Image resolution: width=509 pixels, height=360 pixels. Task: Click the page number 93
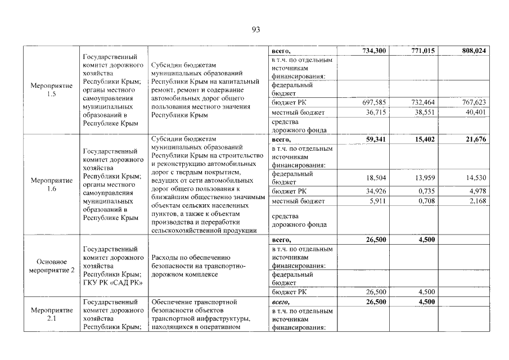coord(254,30)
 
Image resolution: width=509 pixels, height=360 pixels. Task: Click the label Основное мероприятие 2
coord(52,266)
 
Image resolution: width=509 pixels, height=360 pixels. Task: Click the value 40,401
coord(475,112)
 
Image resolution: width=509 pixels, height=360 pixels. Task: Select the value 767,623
coord(473,102)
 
